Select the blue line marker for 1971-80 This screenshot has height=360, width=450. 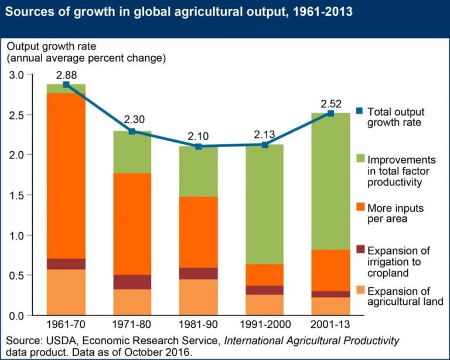[x=132, y=131]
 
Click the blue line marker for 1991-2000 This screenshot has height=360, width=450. [x=265, y=144]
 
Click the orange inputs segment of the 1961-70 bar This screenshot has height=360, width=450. [x=66, y=176]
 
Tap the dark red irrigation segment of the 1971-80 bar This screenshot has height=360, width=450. [x=132, y=282]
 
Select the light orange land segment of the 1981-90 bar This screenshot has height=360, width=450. [x=198, y=297]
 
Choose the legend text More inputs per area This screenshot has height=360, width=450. [x=395, y=213]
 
